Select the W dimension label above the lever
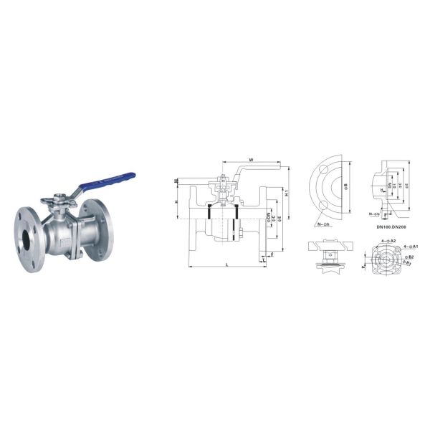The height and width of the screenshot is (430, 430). coord(251,159)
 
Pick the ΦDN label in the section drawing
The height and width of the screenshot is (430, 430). coord(267,215)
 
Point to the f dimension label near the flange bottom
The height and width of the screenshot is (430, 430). coord(272,255)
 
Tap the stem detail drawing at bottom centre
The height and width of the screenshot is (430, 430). coord(330,254)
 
